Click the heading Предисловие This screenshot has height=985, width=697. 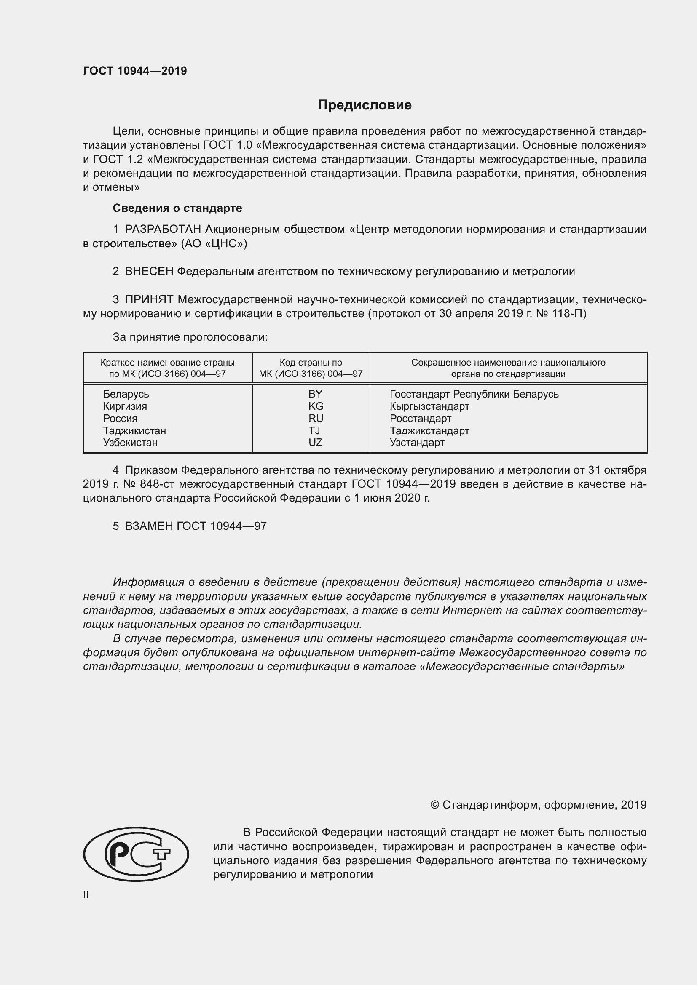pyautogui.click(x=365, y=105)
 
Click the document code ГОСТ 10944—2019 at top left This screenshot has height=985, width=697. pyautogui.click(x=135, y=71)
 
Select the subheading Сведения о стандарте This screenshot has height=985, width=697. pyautogui.click(x=177, y=208)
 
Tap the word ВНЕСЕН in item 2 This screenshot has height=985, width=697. pyautogui.click(x=149, y=271)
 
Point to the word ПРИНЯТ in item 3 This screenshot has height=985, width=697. pyautogui.click(x=149, y=299)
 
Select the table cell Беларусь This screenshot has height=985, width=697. pyautogui.click(x=126, y=394)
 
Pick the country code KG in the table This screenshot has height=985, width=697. pyautogui.click(x=316, y=406)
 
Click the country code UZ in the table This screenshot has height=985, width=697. pyautogui.click(x=315, y=442)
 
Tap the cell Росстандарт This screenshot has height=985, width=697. pyautogui.click(x=420, y=418)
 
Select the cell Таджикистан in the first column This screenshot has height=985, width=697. pyautogui.click(x=134, y=430)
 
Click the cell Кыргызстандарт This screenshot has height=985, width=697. pyautogui.click(x=429, y=406)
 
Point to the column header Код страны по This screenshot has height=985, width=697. pyautogui.click(x=311, y=363)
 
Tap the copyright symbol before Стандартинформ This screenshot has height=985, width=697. pyautogui.click(x=434, y=805)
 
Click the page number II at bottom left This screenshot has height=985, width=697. pyautogui.click(x=86, y=895)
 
